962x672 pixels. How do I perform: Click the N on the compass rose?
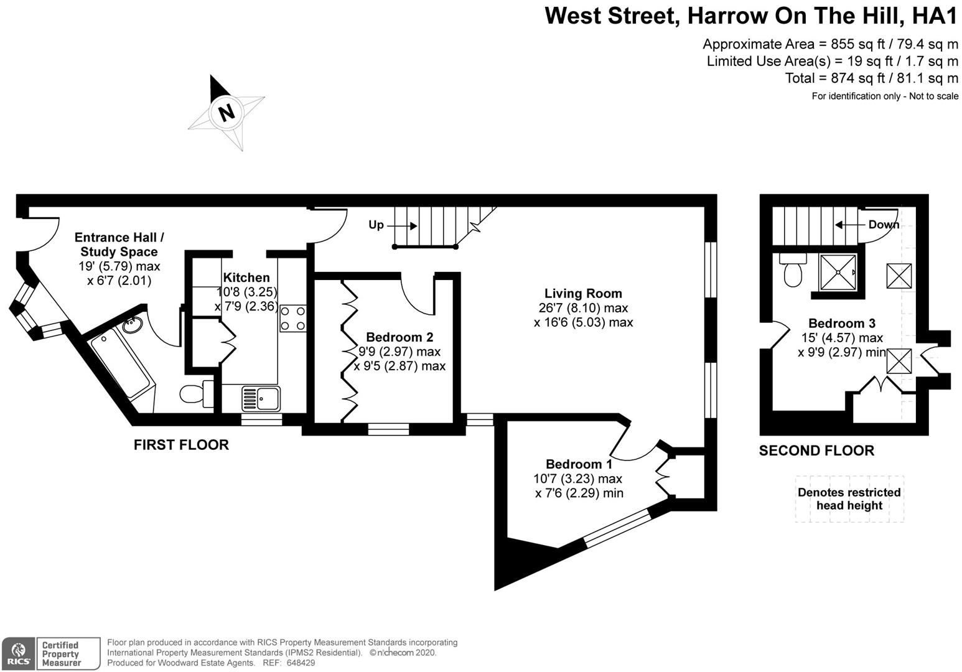226,113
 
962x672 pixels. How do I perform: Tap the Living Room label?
583,294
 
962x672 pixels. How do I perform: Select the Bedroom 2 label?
399,337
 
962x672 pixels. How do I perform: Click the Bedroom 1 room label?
579,464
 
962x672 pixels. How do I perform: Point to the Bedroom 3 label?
841,324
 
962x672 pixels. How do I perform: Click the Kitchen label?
246,278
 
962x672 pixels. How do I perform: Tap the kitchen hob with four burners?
292,317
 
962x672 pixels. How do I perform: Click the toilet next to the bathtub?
194,393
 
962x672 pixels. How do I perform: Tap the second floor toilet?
792,272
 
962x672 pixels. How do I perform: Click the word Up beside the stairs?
376,225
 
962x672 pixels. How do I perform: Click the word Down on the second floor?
884,225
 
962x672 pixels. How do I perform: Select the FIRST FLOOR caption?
181,445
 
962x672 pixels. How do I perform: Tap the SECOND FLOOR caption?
816,450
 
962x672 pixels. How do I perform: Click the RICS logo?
17,654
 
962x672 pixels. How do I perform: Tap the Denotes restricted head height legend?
849,499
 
